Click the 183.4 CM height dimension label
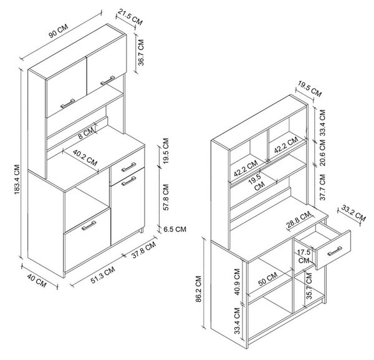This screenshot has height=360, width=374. (17, 179)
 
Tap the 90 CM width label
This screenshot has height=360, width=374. (59, 31)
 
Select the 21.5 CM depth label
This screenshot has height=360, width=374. (130, 17)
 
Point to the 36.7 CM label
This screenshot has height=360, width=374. (141, 52)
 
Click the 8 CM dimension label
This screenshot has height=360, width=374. (87, 134)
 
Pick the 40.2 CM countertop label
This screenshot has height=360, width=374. (85, 158)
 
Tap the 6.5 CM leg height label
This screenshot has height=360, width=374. (175, 230)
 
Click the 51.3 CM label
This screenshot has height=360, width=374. (103, 275)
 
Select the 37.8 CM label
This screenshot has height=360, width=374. (143, 250)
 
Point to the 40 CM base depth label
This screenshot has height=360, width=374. (37, 281)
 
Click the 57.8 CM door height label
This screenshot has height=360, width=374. (166, 197)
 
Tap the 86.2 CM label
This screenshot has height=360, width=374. (199, 289)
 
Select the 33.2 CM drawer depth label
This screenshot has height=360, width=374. (353, 213)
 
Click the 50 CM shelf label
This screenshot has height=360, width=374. (268, 279)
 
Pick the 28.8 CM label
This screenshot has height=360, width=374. (299, 220)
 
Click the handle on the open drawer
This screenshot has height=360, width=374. (335, 251)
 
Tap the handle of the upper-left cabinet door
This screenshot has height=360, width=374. (67, 104)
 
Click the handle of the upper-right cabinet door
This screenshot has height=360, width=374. (108, 80)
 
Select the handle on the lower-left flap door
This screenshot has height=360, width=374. (89, 225)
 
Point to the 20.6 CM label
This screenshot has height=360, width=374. (322, 152)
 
